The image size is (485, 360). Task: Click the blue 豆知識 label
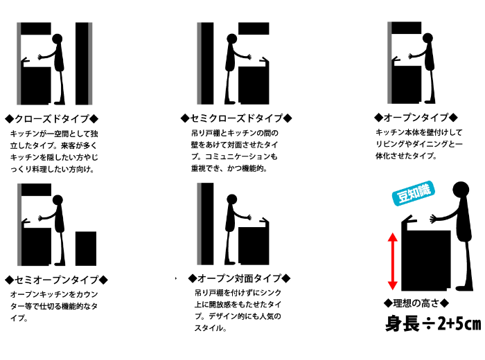click(414, 193)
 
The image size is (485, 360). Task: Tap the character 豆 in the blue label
click(403, 196)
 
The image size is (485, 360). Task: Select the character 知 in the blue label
click(414, 193)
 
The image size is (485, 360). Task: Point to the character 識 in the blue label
click(424, 190)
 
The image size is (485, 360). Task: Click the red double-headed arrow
click(392, 261)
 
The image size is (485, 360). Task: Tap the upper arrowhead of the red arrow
click(392, 237)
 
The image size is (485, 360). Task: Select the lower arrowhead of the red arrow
click(392, 285)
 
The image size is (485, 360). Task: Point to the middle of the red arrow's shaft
click(392, 261)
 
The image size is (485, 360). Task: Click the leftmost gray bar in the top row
click(19, 64)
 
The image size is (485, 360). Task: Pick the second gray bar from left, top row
click(90, 64)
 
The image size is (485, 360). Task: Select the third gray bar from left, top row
click(199, 64)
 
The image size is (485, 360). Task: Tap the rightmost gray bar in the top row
click(389, 63)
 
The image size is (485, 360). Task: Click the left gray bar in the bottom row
click(19, 225)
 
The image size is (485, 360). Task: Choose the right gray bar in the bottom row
click(199, 224)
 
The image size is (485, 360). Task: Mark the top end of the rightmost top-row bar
click(389, 24)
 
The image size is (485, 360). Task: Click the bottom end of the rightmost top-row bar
click(389, 102)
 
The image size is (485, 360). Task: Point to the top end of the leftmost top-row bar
click(19, 24)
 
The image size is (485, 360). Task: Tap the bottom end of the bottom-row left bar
click(19, 264)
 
